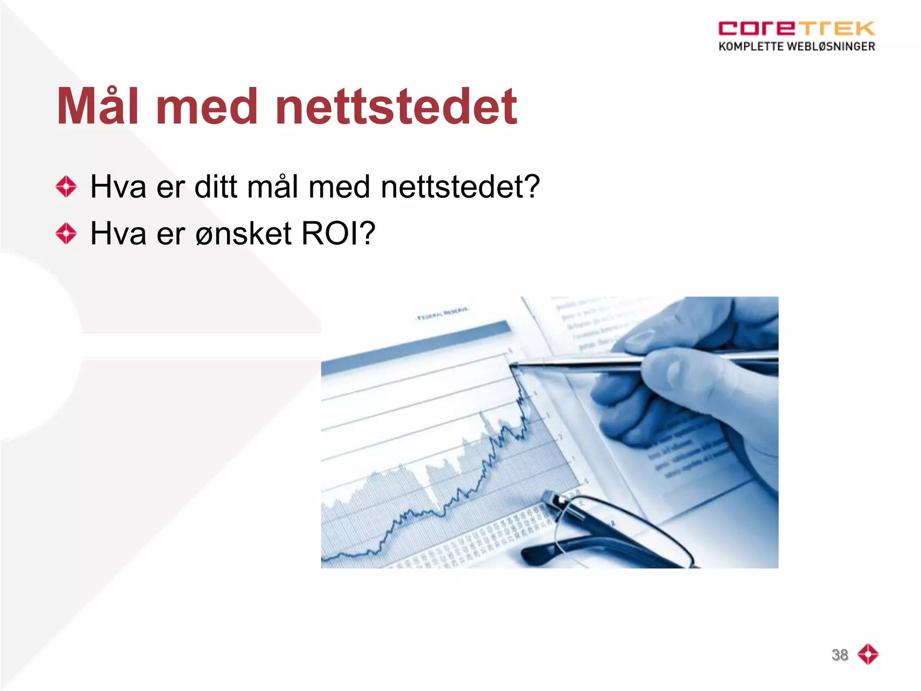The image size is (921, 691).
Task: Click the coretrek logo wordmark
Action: (x=796, y=28)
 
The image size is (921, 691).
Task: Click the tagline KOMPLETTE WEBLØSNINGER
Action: (x=796, y=46)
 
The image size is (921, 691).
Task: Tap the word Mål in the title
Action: (x=98, y=107)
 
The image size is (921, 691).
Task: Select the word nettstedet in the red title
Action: (x=396, y=107)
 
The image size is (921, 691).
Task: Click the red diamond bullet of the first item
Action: (x=67, y=186)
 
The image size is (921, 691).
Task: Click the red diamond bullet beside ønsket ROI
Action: (x=67, y=233)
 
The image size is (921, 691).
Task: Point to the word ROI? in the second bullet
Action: (x=338, y=233)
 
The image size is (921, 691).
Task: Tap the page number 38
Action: (x=840, y=655)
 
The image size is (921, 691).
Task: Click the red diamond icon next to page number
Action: (x=868, y=654)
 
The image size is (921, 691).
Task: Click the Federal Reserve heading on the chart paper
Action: (x=443, y=314)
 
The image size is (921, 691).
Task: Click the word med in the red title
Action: (x=207, y=107)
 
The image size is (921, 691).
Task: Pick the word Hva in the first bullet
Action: (x=118, y=186)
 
